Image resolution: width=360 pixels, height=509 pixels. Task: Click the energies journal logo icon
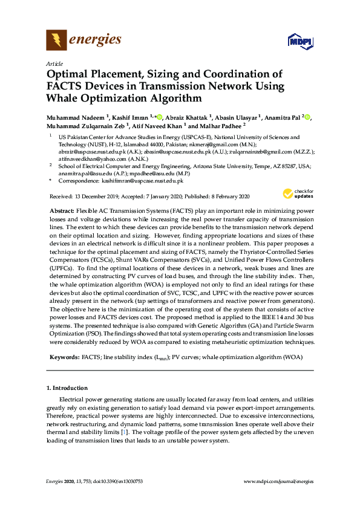pyautogui.click(x=56, y=41)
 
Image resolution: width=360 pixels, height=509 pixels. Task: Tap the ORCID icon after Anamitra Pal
pyautogui.click(x=307, y=117)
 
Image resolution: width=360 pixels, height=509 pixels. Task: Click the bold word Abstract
pyautogui.click(x=61, y=209)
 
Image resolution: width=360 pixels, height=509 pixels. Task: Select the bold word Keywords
pyautogui.click(x=63, y=357)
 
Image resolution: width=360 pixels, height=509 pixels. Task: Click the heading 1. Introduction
pyautogui.click(x=67, y=387)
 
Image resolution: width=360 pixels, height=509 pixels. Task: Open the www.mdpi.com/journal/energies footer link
pyautogui.click(x=278, y=481)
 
